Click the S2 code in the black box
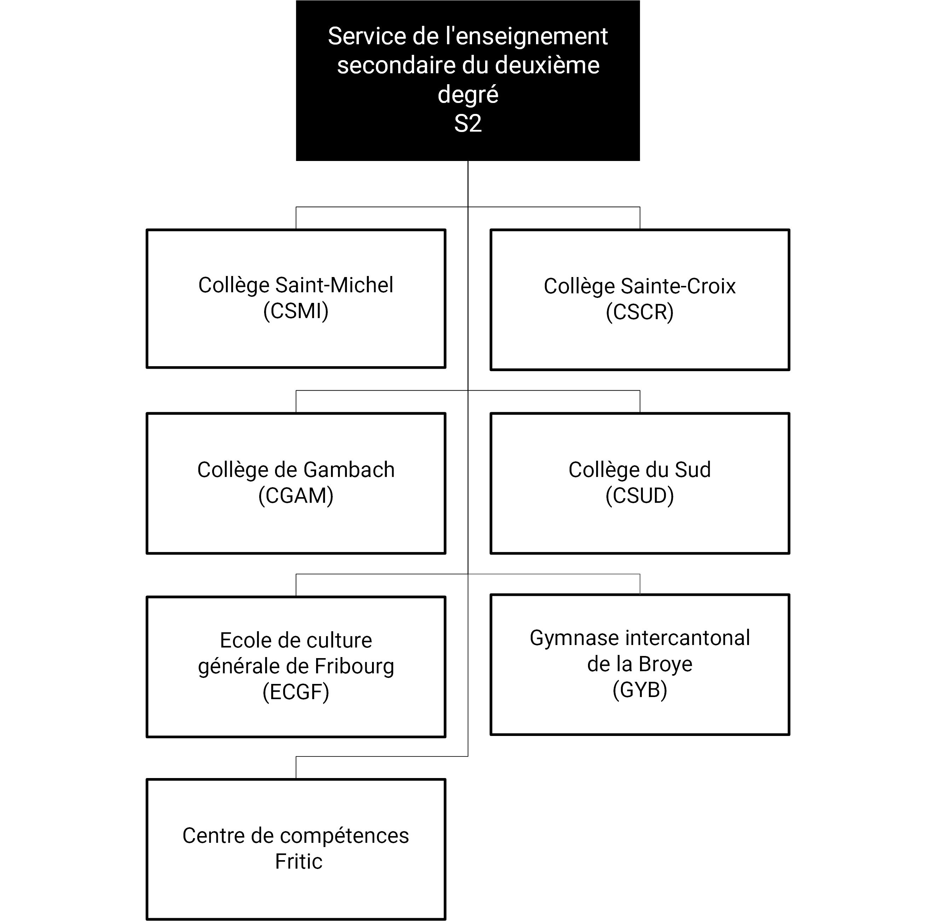click(x=467, y=123)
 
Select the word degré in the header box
click(x=467, y=94)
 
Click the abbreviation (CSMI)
click(x=295, y=311)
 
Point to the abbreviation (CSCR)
click(x=639, y=312)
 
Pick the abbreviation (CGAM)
click(x=295, y=495)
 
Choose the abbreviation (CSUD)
click(x=639, y=495)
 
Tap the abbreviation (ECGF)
click(x=295, y=692)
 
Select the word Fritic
click(x=298, y=862)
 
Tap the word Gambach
click(x=349, y=470)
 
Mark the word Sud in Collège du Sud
click(x=692, y=470)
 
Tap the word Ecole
click(x=241, y=640)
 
